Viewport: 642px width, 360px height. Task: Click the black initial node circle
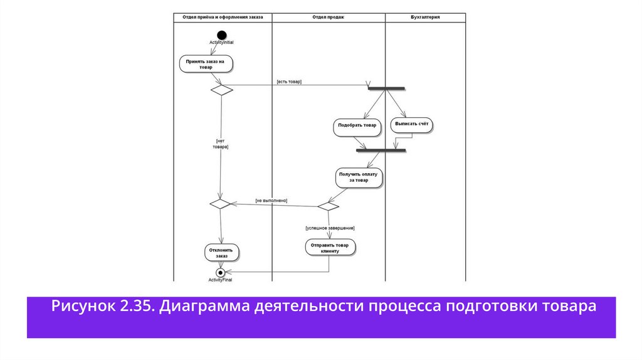pos(221,34)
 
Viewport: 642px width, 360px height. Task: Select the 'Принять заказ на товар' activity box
pos(206,63)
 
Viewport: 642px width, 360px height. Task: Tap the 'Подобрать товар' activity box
pos(357,125)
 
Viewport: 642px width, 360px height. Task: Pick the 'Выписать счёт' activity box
pos(411,125)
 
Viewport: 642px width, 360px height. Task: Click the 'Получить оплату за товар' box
pos(358,176)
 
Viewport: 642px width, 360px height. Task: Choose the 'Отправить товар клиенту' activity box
pos(330,247)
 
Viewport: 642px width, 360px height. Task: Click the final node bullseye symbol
pos(220,272)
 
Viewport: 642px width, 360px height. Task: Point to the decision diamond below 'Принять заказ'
pos(221,90)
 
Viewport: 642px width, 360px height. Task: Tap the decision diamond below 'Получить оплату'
pos(328,206)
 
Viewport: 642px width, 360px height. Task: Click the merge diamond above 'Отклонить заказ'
pos(220,204)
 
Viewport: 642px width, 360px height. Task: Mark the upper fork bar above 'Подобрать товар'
pos(386,88)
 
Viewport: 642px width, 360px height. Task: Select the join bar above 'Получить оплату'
pos(381,151)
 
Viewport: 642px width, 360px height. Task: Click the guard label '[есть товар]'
pos(289,82)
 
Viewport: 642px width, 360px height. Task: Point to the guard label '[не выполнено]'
pos(271,200)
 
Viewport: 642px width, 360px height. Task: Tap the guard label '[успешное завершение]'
pos(330,228)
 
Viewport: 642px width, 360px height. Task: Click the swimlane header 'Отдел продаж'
pos(328,17)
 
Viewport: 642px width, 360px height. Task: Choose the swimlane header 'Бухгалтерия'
pos(424,17)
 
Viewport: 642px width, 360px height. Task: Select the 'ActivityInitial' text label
pos(222,42)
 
